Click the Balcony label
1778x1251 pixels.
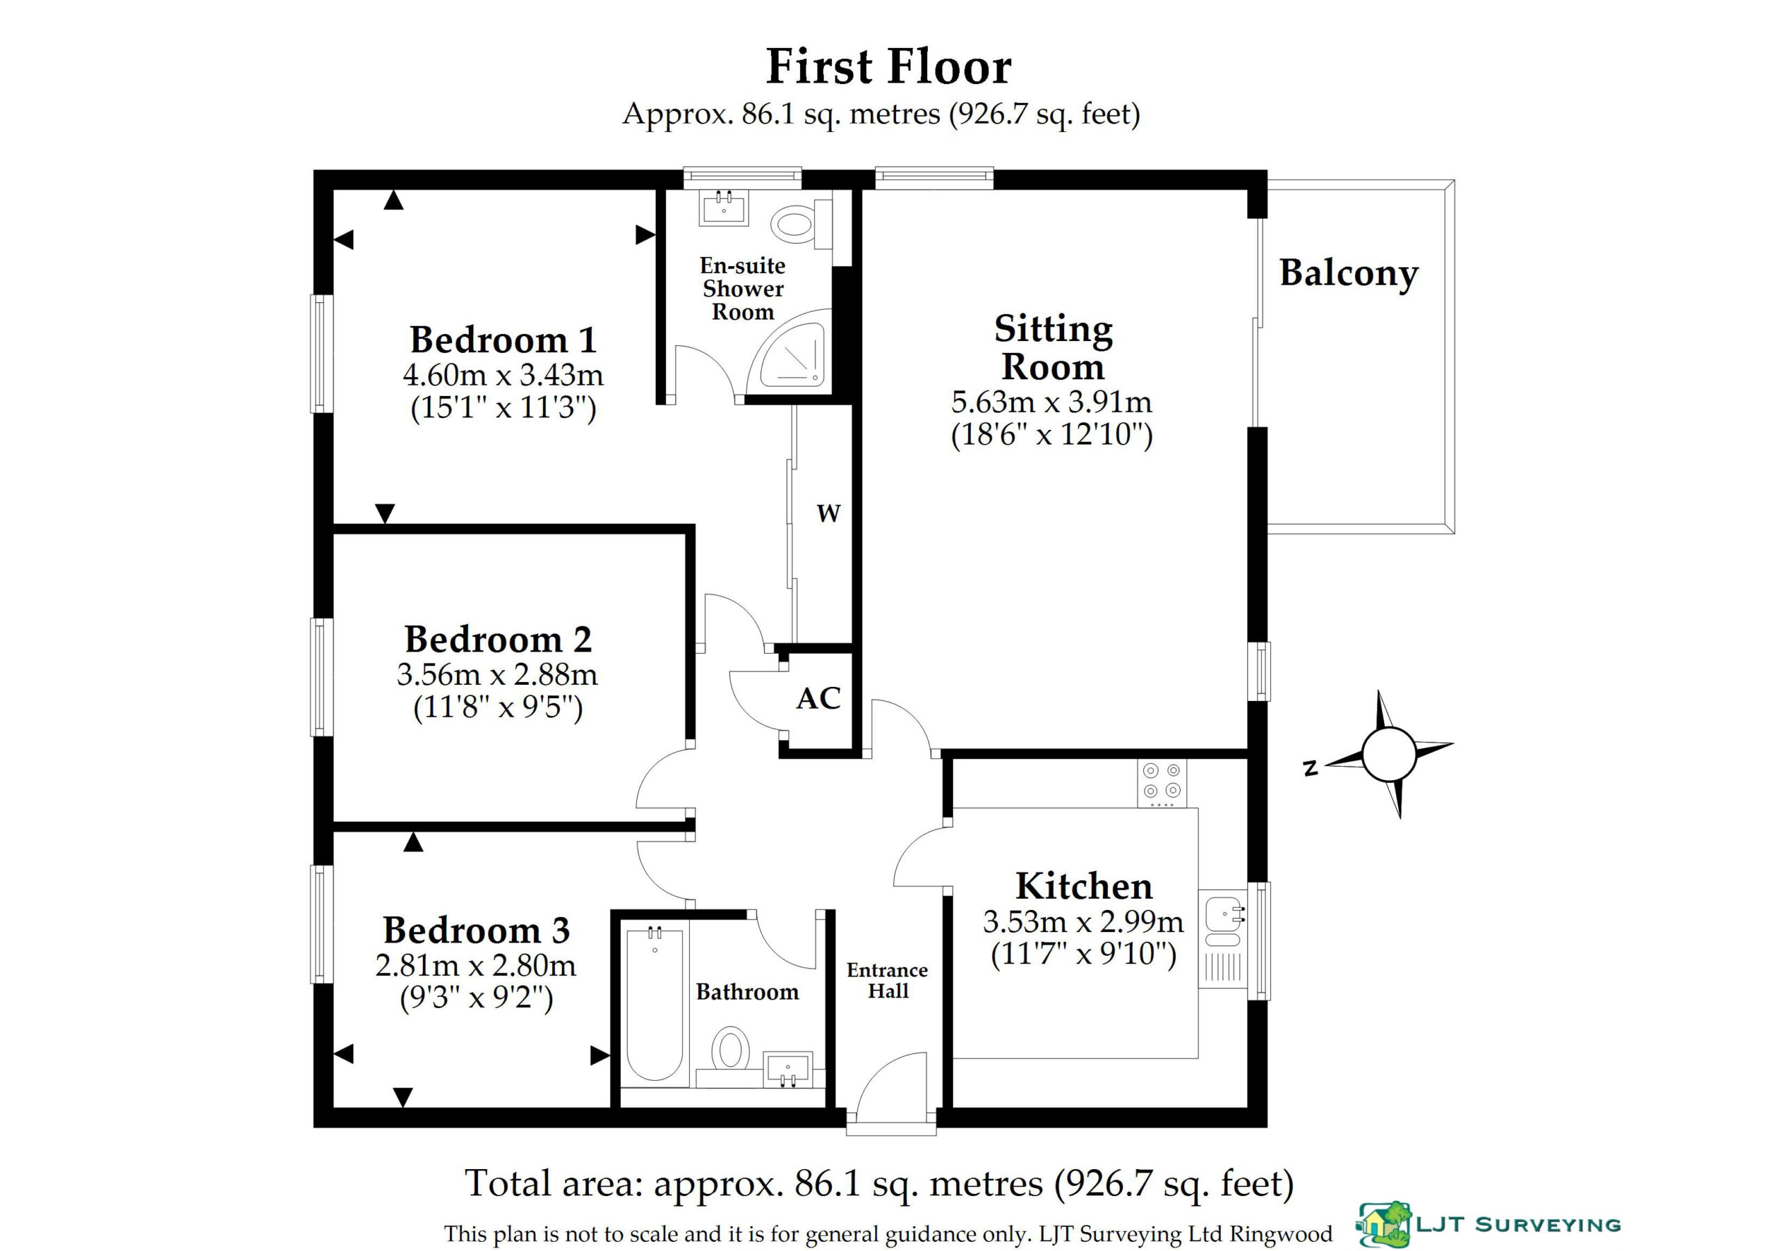point(1348,274)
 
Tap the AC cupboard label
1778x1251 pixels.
point(819,698)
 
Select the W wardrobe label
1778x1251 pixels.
point(829,513)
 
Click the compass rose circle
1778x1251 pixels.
point(1388,754)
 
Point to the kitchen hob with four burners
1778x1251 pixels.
point(1161,783)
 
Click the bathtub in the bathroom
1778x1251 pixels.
point(655,1003)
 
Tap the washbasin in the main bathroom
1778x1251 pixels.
point(788,1069)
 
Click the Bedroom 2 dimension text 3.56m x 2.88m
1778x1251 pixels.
point(497,674)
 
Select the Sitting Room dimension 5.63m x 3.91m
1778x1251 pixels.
point(1052,402)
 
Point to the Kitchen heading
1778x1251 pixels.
point(1084,886)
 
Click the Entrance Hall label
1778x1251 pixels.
point(888,981)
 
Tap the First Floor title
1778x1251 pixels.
point(889,67)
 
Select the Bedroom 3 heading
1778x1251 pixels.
point(476,929)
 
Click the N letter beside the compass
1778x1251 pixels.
point(1311,768)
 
